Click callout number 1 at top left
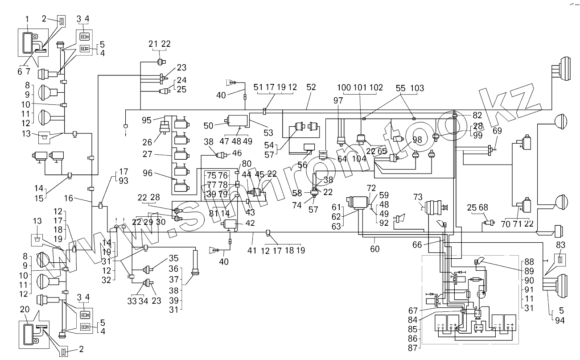[27, 19]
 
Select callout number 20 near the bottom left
[25, 309]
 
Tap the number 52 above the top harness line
[311, 87]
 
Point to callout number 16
[69, 198]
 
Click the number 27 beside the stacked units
[147, 154]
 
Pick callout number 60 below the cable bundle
[374, 249]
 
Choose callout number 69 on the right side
[497, 131]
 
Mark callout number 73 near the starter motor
[418, 197]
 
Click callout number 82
[477, 115]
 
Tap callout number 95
[147, 120]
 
